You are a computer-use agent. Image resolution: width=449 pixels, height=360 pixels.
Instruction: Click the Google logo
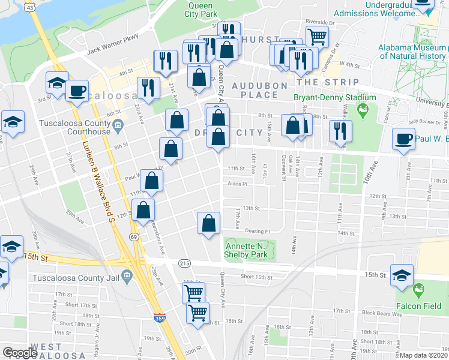[x=20, y=353]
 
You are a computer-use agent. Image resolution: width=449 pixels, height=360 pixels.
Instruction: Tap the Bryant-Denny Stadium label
[x=334, y=97]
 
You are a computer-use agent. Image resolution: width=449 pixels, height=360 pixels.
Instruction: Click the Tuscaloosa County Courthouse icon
[x=118, y=125]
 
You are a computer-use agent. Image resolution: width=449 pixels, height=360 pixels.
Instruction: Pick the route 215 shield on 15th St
[x=184, y=263]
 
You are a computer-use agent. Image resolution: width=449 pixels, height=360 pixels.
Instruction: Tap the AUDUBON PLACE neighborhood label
[x=260, y=90]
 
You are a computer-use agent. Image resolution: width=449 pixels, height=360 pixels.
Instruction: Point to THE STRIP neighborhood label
[x=328, y=82]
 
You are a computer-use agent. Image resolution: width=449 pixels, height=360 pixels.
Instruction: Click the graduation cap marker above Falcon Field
[x=402, y=275]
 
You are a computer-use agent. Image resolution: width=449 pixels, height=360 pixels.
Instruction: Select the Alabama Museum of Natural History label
[x=412, y=52]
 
